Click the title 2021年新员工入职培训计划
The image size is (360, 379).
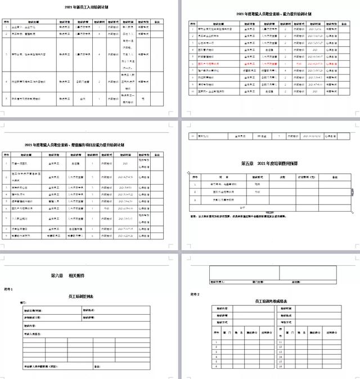[90, 7]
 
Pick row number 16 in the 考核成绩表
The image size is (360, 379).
[280, 365]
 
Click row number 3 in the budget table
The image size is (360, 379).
[195, 199]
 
